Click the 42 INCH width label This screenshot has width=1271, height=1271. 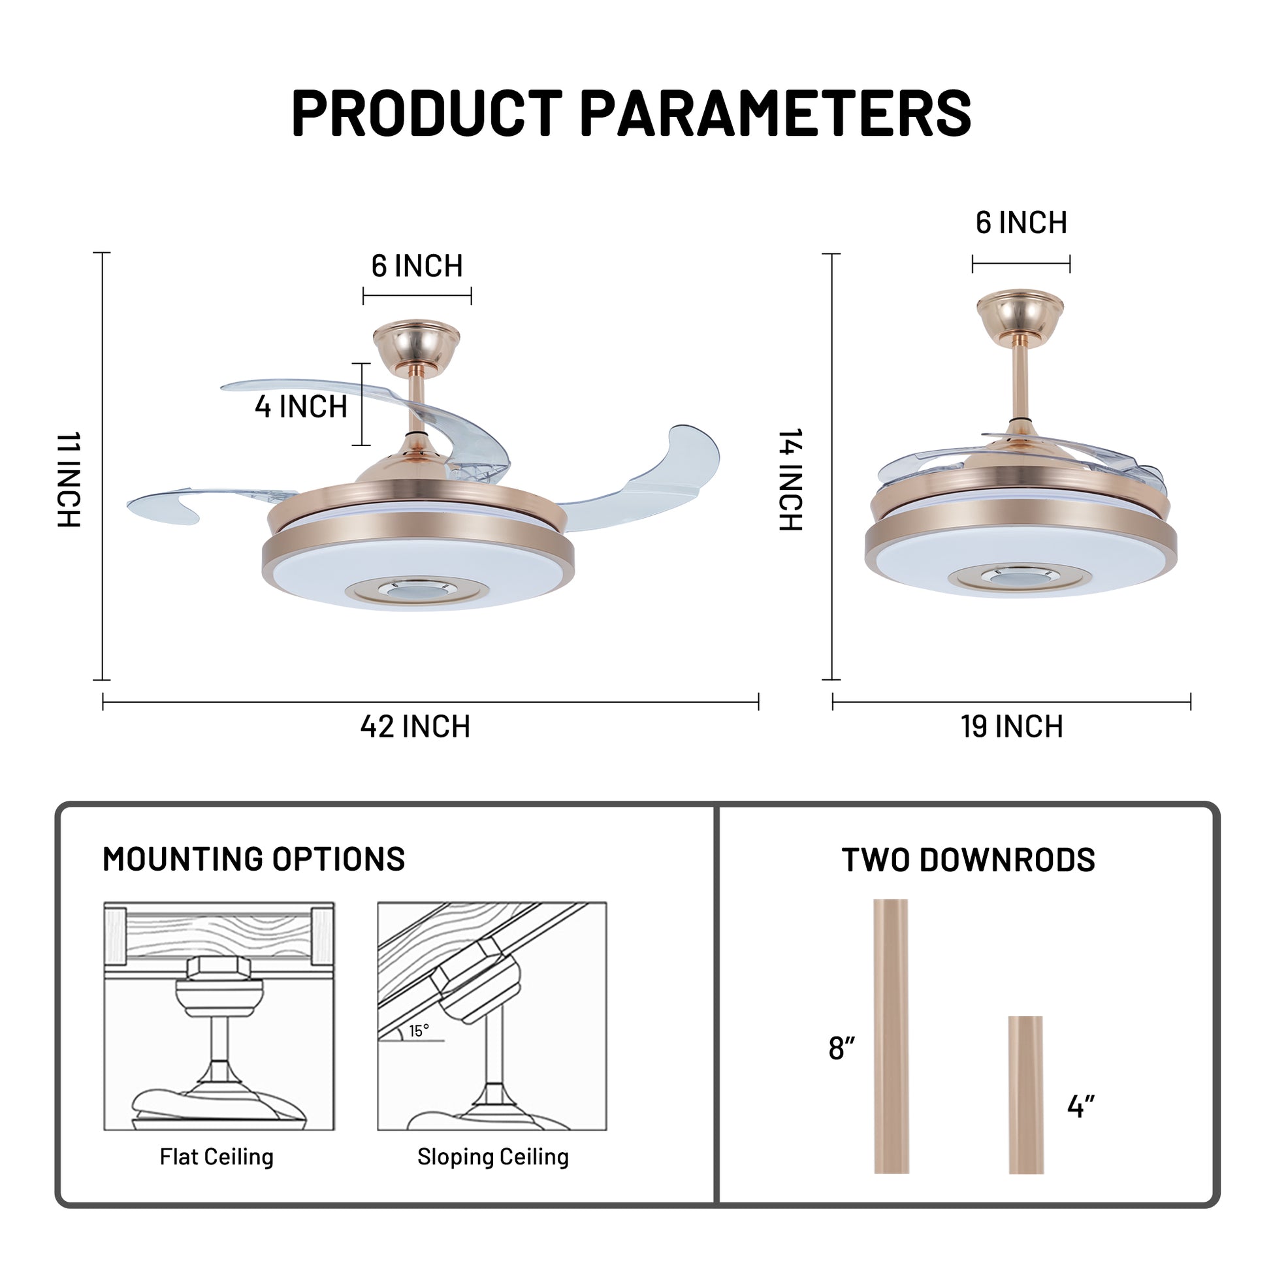click(x=415, y=727)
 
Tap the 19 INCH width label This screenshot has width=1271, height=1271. click(x=1012, y=727)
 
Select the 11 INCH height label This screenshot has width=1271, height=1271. click(x=69, y=479)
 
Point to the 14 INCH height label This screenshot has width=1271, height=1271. click(x=791, y=479)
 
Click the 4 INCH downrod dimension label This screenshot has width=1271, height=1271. click(x=301, y=406)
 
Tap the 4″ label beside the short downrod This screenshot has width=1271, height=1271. click(x=1081, y=1106)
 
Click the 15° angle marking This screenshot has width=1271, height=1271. click(x=419, y=1031)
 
